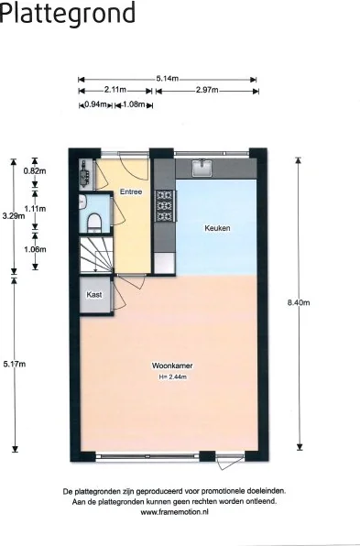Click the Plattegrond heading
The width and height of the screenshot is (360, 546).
click(68, 14)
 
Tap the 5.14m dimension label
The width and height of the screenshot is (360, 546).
click(167, 79)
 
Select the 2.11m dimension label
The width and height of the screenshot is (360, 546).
click(115, 90)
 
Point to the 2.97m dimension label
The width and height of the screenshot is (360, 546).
click(208, 90)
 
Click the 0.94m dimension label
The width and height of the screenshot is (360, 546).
click(95, 105)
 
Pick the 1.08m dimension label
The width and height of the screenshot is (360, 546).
click(134, 105)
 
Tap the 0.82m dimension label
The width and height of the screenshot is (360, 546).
click(34, 171)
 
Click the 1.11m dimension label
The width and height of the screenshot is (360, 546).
click(35, 209)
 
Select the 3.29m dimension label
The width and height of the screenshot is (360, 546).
click(13, 216)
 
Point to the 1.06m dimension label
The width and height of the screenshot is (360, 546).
click(35, 249)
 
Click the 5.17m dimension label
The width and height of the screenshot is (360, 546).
click(14, 364)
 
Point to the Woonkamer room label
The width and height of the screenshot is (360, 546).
click(171, 366)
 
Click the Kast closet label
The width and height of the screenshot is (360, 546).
click(93, 295)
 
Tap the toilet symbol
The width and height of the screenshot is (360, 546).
click(94, 221)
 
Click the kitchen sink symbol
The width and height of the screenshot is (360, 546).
click(202, 168)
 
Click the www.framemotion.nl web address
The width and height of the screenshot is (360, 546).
click(175, 513)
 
